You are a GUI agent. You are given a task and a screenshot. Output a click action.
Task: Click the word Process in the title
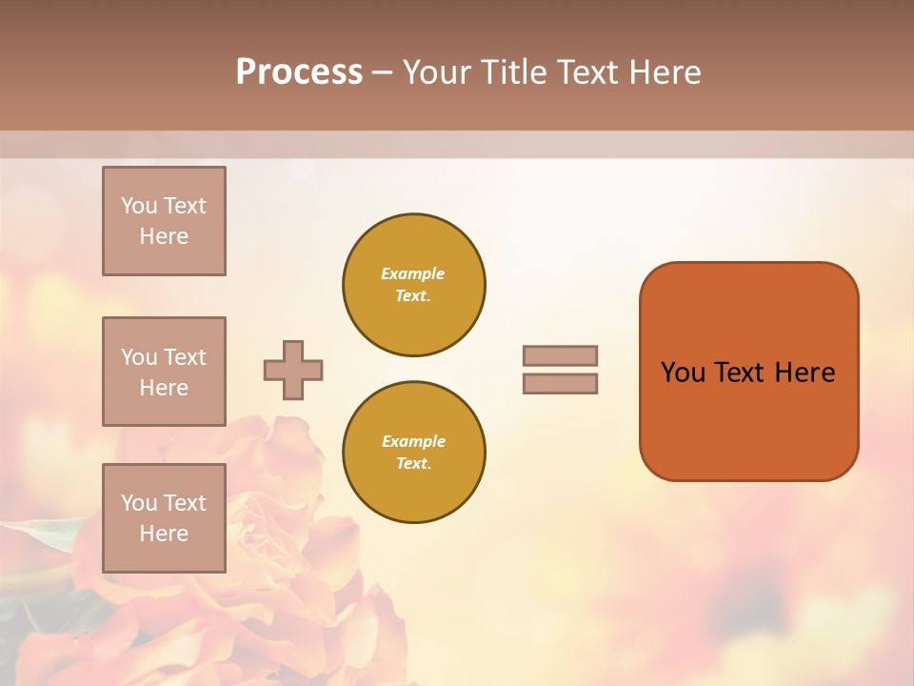coord(299,72)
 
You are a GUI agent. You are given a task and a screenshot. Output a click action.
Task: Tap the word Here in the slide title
coord(663,72)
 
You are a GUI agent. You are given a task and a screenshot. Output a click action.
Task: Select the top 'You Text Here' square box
coord(164,221)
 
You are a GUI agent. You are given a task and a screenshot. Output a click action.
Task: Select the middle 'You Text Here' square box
coord(164,372)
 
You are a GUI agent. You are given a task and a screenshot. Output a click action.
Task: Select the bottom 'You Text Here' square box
coord(164,518)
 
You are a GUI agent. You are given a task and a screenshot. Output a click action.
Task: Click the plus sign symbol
coord(293,370)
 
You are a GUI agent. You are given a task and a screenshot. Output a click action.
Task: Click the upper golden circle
coord(414,285)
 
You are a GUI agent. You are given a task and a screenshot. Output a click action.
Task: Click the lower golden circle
coord(414,453)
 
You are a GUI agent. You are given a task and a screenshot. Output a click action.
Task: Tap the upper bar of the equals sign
coord(561,355)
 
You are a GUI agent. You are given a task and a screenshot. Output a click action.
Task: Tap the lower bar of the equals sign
coord(561,383)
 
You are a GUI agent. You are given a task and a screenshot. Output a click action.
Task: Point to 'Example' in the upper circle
coord(413,273)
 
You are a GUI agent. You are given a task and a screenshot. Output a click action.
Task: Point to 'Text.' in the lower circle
coord(413,464)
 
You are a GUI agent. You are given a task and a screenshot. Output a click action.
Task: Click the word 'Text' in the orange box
coord(739,373)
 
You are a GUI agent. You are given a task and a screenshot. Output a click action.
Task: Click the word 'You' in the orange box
coord(683,373)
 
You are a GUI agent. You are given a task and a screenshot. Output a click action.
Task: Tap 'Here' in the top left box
coord(164,236)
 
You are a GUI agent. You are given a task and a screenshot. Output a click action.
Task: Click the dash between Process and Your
coord(383,73)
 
